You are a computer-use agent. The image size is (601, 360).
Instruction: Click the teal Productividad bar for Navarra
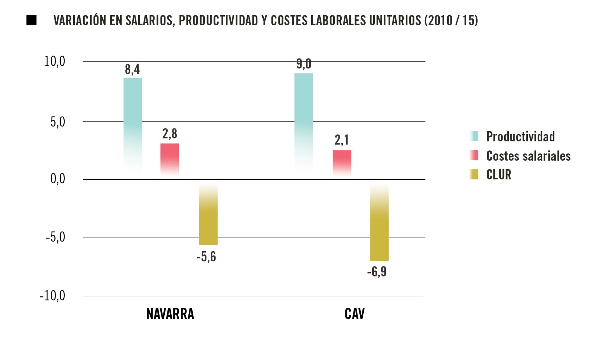[x=133, y=120]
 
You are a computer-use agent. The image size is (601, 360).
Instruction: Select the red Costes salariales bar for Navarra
[x=169, y=158]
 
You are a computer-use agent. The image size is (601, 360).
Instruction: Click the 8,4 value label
[x=133, y=69]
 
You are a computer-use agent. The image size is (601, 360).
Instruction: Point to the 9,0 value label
[x=304, y=64]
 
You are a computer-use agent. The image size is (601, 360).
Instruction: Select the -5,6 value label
[x=206, y=257]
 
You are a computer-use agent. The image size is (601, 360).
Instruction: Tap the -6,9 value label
[x=377, y=272]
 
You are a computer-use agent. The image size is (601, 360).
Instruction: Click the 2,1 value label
[x=342, y=140]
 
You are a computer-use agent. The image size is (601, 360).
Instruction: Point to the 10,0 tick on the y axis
[x=55, y=62]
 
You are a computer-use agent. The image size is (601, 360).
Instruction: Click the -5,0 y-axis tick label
[x=55, y=237]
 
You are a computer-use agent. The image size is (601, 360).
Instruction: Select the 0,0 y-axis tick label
[x=57, y=179]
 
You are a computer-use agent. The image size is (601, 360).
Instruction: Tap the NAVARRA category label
[x=170, y=314]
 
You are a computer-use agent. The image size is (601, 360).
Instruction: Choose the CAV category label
[x=355, y=314]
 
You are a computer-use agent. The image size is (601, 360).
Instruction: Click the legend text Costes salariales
[x=528, y=156]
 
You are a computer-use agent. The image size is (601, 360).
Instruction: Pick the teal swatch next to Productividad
[x=474, y=136]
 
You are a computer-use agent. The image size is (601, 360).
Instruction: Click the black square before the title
[x=32, y=20]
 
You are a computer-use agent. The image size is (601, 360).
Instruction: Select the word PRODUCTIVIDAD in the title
[x=218, y=20]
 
